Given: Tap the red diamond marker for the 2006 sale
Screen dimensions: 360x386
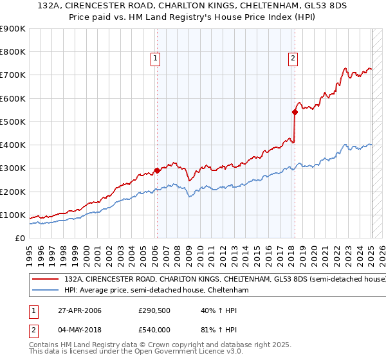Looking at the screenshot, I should pyautogui.click(x=156, y=170).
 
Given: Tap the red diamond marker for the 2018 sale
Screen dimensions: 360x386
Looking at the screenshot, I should pyautogui.click(x=295, y=112).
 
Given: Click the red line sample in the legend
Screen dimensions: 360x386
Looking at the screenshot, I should pyautogui.click(x=45, y=280).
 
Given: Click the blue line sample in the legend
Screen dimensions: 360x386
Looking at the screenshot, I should pyautogui.click(x=45, y=291).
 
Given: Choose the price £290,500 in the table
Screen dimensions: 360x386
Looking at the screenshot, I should pyautogui.click(x=154, y=310).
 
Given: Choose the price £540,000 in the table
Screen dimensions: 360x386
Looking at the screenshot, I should pyautogui.click(x=154, y=330).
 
